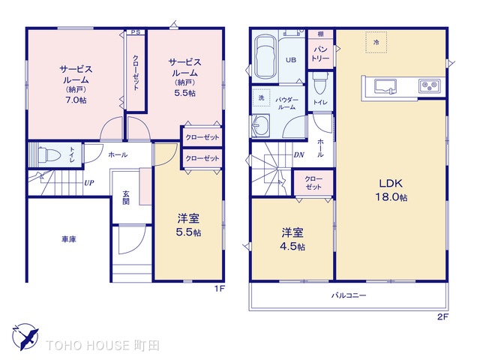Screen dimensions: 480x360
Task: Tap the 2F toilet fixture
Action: click(319, 83)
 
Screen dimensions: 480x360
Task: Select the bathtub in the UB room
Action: click(265, 57)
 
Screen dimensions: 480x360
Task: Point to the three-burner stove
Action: click(430, 85)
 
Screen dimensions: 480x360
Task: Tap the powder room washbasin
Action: click(260, 126)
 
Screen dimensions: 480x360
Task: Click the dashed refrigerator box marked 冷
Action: click(376, 42)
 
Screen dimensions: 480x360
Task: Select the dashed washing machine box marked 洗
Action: click(262, 97)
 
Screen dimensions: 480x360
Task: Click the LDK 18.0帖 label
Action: click(391, 190)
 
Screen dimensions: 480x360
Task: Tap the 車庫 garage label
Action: click(69, 239)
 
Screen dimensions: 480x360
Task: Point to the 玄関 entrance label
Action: click(126, 197)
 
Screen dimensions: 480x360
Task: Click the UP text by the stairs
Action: click(89, 183)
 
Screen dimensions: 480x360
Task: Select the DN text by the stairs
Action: click(298, 155)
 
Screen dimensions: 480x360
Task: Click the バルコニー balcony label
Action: click(349, 295)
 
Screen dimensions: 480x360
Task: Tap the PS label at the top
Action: click(135, 31)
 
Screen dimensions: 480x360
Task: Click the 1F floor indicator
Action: click(220, 288)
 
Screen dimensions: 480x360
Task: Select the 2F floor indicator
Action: click(442, 316)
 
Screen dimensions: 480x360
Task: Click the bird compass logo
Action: click(25, 337)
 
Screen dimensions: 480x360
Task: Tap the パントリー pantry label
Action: click(320, 53)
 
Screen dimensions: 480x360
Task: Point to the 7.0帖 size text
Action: click(76, 100)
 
